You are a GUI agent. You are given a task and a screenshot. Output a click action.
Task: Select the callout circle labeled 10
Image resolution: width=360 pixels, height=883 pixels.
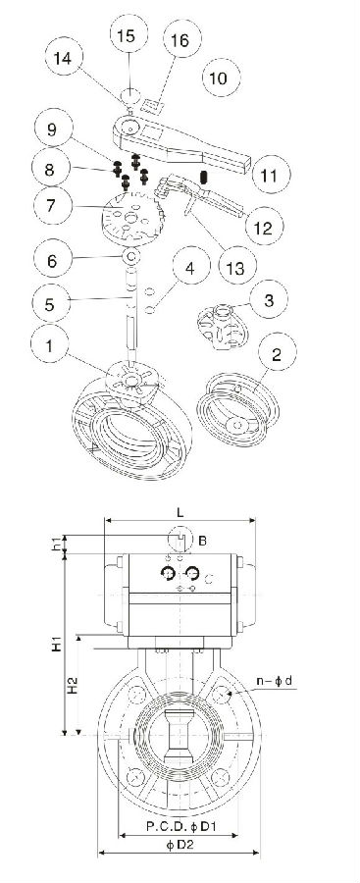[219, 78]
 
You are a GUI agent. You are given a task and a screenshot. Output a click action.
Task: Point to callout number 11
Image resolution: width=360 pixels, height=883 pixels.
[270, 176]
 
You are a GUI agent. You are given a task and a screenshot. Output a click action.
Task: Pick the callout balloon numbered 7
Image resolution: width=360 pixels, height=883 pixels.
[51, 205]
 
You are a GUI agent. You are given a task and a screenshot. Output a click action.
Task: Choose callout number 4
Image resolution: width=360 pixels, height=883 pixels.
[191, 268]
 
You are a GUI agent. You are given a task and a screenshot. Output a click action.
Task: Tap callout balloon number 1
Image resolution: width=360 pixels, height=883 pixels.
[49, 344]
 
